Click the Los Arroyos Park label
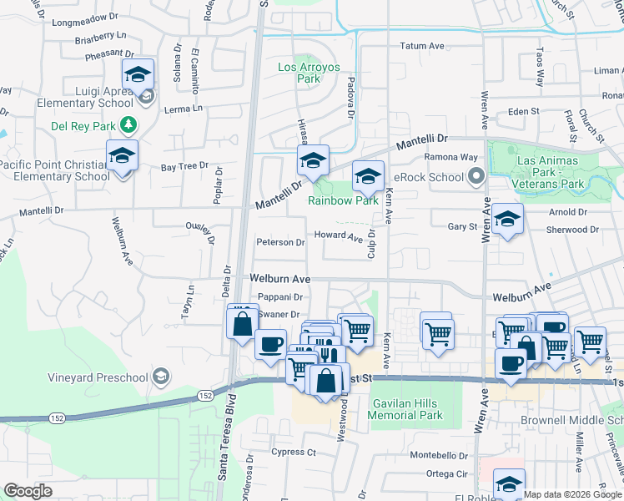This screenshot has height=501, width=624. (299, 73)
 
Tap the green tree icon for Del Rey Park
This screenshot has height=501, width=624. (128, 125)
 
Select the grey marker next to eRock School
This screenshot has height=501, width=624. (476, 176)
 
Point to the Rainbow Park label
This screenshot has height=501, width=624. (343, 200)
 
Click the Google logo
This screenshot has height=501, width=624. (28, 491)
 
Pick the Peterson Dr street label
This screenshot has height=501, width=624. (280, 243)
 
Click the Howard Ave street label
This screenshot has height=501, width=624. (339, 236)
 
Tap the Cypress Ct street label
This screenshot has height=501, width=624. (294, 453)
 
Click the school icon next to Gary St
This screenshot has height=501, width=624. (507, 219)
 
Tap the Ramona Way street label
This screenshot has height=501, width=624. (451, 157)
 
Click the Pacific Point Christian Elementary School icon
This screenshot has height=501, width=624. (122, 156)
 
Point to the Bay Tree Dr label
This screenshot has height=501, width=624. (184, 167)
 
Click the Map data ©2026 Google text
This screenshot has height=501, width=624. (571, 494)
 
